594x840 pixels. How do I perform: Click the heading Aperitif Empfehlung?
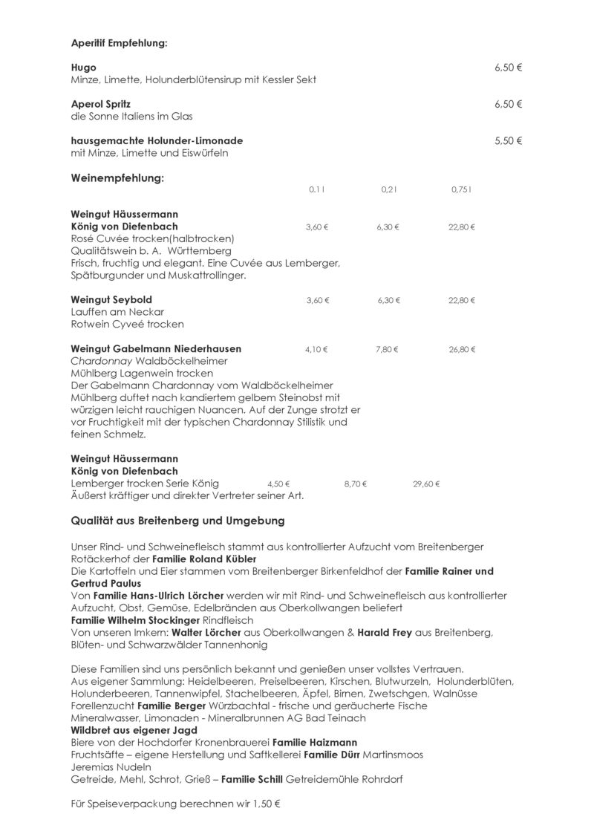coord(120,43)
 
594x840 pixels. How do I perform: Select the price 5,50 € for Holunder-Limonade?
coord(509,140)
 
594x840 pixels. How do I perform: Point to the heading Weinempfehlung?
coord(117,178)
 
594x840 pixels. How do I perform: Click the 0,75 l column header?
coord(461,189)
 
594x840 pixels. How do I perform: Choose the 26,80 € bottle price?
coord(462,348)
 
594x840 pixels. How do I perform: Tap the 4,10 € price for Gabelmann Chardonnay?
coord(316,348)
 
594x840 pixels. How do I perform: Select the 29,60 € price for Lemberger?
coord(426,484)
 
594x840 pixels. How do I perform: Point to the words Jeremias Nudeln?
coord(111,766)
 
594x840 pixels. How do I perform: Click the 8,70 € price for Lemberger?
coord(356,484)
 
